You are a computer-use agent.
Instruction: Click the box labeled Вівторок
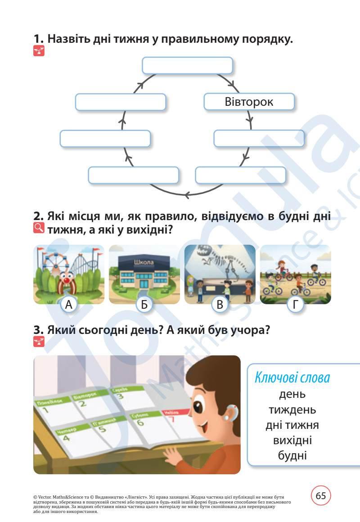pos(249,102)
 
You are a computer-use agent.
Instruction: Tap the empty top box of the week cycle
pos(187,65)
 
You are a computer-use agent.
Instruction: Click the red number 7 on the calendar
pos(171,420)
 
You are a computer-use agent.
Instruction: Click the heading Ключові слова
pos(292,378)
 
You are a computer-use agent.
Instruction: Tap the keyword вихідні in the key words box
pos(292,440)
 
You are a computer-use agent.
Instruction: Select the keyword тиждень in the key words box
pos(292,410)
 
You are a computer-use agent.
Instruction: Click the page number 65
pos(321,496)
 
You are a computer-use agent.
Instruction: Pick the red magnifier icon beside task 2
pos(39,229)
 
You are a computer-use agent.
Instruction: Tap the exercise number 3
pos(38,330)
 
